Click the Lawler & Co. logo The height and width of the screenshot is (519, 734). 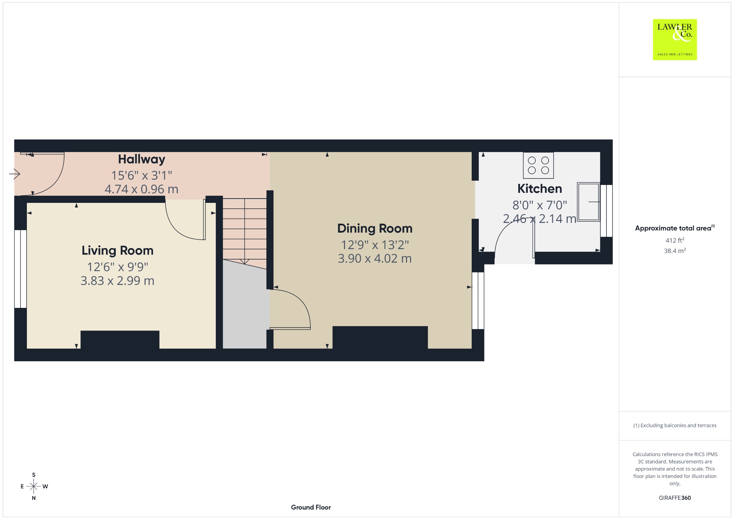coord(675,39)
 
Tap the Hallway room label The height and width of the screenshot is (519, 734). coord(142,159)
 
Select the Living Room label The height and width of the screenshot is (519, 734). coord(118,251)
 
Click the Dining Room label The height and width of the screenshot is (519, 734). coord(375,229)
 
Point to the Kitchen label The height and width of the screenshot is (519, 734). coord(540,189)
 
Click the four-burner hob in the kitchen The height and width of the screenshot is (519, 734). coord(538,165)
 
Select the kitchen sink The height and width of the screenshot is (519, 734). coord(588,202)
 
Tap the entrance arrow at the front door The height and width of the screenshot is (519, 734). coord(15,174)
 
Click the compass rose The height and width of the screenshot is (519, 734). coord(34,486)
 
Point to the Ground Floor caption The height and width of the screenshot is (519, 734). coord(311,507)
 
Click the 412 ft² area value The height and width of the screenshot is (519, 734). coord(675,240)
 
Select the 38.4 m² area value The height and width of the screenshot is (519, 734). coord(675,251)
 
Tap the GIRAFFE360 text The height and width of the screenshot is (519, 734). coord(675,497)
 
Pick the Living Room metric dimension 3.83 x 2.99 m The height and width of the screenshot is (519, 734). coord(118,281)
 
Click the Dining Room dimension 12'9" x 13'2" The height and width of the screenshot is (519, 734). coord(375,245)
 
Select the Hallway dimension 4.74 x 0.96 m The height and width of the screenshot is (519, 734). coord(142,189)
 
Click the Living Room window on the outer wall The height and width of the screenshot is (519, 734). coord(20,269)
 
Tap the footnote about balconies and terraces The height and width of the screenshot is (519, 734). coord(675,425)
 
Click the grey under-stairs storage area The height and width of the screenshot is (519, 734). coord(245,308)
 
